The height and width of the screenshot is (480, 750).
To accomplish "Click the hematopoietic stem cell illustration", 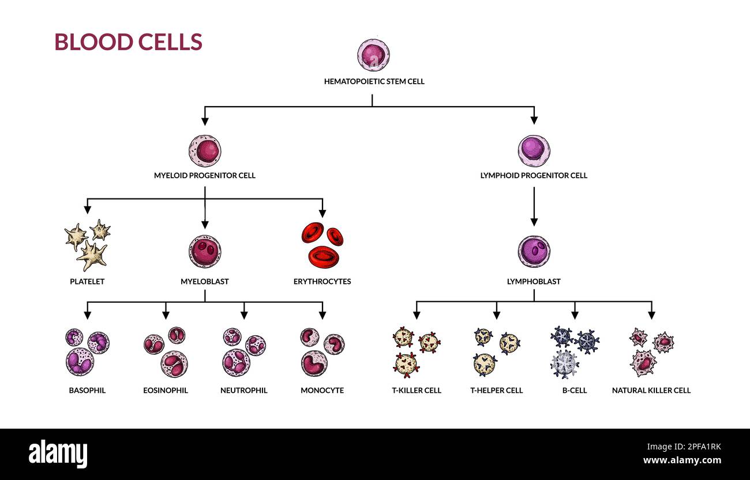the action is [373, 55].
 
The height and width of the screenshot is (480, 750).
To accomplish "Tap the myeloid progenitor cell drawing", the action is [205, 151].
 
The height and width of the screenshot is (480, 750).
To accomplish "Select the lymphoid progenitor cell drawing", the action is [534, 151].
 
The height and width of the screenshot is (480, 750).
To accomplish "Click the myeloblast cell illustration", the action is [205, 252].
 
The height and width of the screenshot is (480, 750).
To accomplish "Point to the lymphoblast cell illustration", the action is [534, 252].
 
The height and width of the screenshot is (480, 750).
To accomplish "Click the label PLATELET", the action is [87, 282].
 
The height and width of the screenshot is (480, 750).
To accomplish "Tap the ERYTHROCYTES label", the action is [322, 282].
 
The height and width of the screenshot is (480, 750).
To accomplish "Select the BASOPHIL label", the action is [87, 391].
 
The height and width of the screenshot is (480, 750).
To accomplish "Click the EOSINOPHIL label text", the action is [166, 391].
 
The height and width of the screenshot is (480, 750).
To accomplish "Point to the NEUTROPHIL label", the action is [243, 391].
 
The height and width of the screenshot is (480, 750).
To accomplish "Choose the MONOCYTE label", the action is [322, 391].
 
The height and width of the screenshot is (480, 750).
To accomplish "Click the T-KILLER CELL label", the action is [417, 391].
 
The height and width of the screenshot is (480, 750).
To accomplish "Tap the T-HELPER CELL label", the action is [497, 391].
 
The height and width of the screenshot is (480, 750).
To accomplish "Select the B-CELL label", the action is [575, 391].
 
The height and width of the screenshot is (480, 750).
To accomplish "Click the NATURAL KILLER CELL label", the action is [651, 391].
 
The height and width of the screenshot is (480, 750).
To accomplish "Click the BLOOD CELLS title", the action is [128, 42].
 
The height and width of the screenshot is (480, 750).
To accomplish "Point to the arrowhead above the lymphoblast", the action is [534, 222].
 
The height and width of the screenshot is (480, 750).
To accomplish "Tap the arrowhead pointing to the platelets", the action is [87, 210].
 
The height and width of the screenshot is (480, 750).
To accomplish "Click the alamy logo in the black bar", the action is [58, 454].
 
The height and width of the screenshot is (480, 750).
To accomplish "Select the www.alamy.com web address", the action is [682, 460].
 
